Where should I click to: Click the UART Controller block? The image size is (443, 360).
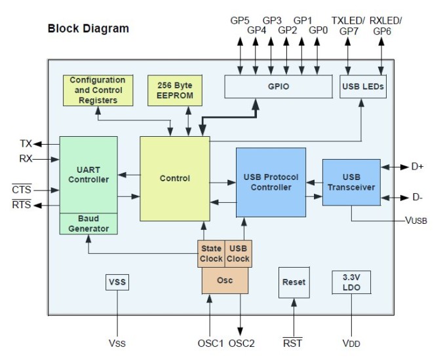88,174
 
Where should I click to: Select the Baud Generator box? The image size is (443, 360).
88,223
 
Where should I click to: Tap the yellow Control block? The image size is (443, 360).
174,178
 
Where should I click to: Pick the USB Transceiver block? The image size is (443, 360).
351,182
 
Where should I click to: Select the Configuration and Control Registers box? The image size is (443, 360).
97,90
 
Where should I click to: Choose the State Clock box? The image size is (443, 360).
211,253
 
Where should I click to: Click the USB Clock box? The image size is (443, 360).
237,253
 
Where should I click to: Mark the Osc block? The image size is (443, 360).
225,280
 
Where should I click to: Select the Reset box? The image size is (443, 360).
293,282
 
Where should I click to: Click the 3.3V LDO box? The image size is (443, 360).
351,282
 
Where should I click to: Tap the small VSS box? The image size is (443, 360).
117,282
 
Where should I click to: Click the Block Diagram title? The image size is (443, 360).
88,29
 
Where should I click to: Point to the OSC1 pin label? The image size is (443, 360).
210,342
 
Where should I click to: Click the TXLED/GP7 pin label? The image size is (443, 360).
347,25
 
